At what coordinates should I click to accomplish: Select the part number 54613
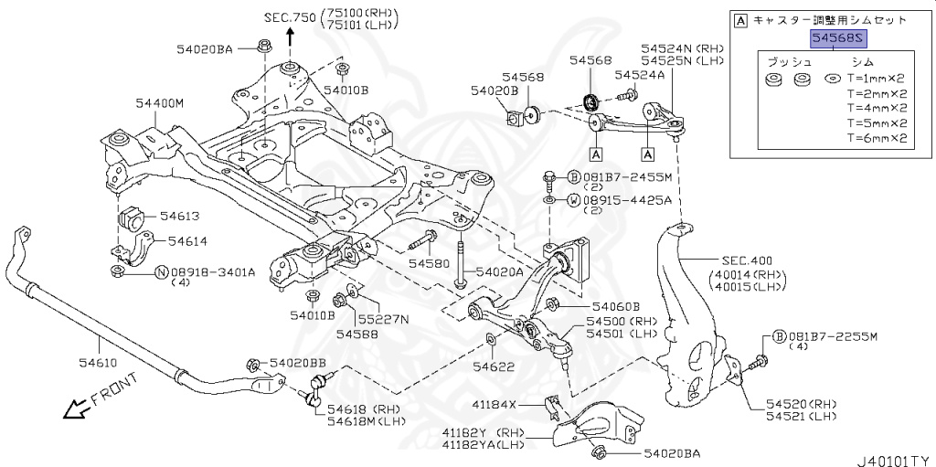[179, 217]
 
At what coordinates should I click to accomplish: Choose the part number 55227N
[382, 319]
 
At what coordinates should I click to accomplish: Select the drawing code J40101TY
[893, 460]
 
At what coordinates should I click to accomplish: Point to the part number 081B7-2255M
[832, 336]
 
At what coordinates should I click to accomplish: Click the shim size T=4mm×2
[876, 108]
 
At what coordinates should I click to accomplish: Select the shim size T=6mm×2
[876, 139]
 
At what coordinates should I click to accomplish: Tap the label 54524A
[640, 75]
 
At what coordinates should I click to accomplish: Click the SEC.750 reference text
[290, 17]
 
